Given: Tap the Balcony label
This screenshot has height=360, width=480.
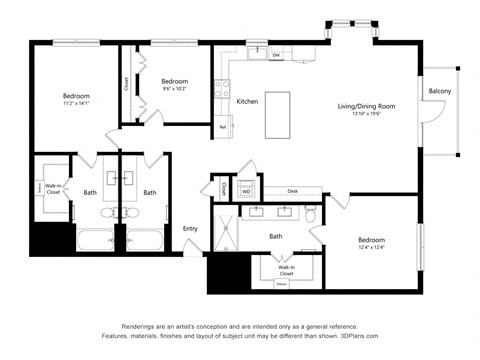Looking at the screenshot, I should click(x=439, y=92).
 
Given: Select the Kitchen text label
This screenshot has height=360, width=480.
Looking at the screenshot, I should click(x=247, y=102).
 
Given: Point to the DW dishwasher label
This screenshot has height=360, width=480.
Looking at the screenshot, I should click(x=276, y=56).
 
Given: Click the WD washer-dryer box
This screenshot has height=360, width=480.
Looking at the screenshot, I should click(x=246, y=190).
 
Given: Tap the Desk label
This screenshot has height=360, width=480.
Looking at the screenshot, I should click(x=293, y=190).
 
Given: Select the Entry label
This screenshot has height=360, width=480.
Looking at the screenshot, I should click(x=190, y=229).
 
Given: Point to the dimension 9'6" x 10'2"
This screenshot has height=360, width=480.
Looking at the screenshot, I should click(x=175, y=88).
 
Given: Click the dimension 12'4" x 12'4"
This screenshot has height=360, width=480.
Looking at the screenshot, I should click(x=370, y=248).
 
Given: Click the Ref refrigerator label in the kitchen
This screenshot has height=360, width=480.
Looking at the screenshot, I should click(x=222, y=127).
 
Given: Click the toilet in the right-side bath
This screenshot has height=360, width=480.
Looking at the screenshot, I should click(x=311, y=215).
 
